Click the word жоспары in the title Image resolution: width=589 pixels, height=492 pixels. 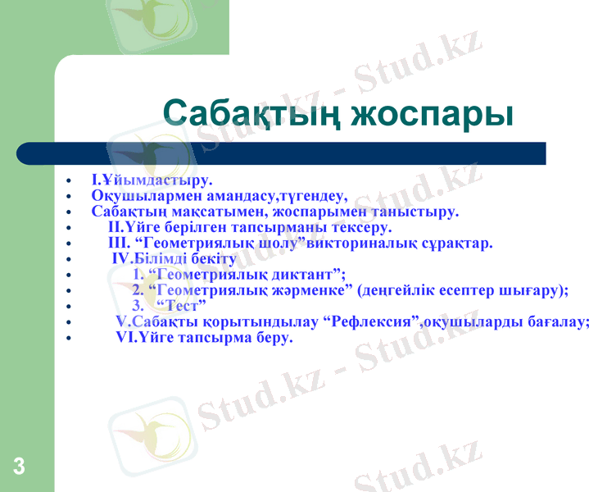[x=432, y=114]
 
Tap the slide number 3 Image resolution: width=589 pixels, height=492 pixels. [x=19, y=467]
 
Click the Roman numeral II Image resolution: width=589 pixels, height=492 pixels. [x=115, y=227]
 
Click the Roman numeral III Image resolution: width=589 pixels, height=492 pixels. [x=118, y=243]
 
